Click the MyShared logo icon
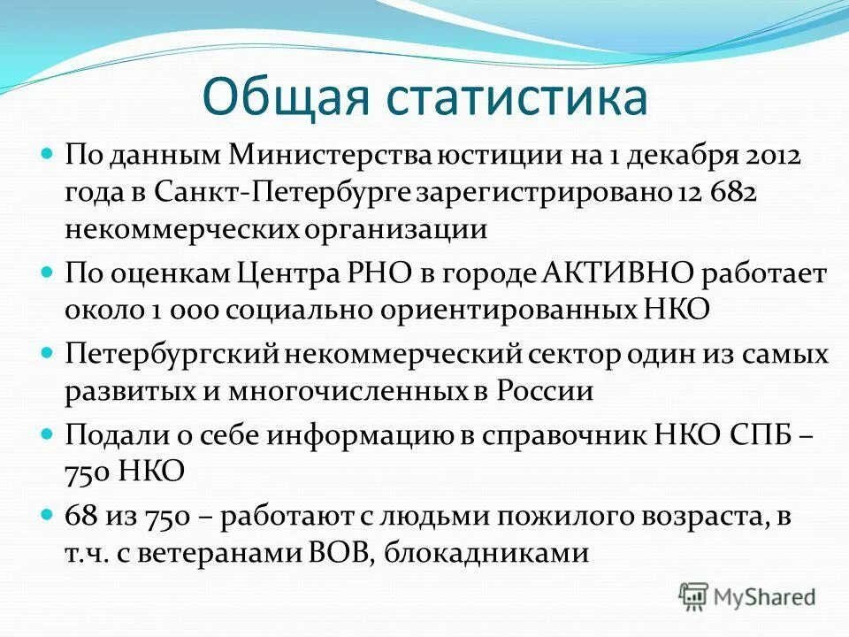click(x=694, y=595)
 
